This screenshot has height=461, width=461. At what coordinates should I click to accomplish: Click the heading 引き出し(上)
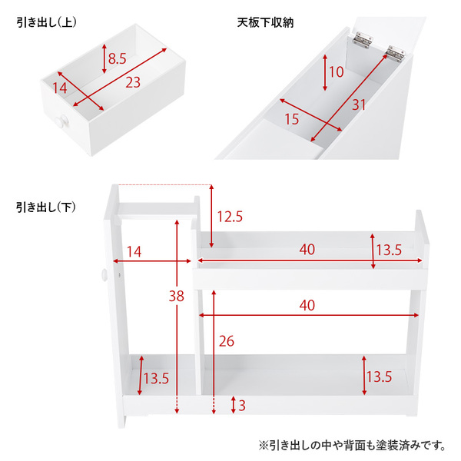[x=46, y=22]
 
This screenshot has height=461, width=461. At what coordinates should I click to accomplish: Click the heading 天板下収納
[x=265, y=22]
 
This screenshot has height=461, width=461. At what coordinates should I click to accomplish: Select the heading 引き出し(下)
[x=46, y=207]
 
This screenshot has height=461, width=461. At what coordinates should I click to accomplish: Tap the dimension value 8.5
[x=117, y=58]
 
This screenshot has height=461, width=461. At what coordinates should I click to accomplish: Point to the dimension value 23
[x=133, y=82]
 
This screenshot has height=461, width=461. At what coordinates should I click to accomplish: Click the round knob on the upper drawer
[x=62, y=121]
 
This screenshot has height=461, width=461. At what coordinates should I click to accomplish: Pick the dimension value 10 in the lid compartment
[x=336, y=71]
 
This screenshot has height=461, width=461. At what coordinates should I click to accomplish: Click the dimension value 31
[x=359, y=105]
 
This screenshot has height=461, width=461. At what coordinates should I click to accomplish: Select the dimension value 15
[x=292, y=119]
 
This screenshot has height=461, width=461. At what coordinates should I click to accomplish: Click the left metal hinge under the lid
[x=363, y=40]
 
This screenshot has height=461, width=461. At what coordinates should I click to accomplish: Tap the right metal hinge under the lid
[x=396, y=54]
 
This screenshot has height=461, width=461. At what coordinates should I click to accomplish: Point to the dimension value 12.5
[x=230, y=217]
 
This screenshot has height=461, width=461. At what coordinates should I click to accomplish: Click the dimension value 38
[x=177, y=296]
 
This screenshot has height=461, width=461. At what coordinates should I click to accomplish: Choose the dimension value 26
[x=227, y=341]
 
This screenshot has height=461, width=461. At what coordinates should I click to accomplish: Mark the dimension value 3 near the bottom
[x=242, y=406]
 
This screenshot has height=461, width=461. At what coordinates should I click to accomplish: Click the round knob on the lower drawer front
[x=104, y=275]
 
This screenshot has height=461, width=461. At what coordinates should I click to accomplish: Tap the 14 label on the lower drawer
[x=134, y=252]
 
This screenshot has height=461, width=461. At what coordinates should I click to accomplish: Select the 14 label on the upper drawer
[x=60, y=88]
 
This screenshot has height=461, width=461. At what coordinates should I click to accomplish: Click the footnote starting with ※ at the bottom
[x=353, y=446]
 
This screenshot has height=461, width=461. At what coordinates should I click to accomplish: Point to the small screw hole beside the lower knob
[x=119, y=275]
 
